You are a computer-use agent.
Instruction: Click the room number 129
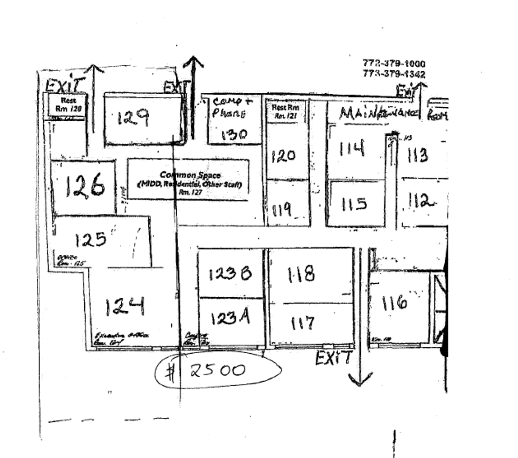(x=133, y=118)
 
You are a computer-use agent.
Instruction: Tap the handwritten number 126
(x=85, y=186)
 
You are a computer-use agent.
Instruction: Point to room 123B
(x=230, y=274)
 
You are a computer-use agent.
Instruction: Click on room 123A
(x=229, y=317)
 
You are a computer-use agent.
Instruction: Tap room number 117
(x=303, y=324)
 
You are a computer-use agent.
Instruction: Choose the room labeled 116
(x=394, y=303)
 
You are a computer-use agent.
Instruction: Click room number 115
(x=354, y=204)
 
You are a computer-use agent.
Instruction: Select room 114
(x=351, y=149)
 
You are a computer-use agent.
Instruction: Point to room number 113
(x=418, y=156)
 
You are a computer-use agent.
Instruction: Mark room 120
(x=283, y=156)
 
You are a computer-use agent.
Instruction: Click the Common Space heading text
(x=190, y=175)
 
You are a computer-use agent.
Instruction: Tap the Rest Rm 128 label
(x=68, y=105)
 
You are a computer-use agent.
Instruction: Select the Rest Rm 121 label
(x=285, y=111)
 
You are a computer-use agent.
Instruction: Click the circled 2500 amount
(x=217, y=371)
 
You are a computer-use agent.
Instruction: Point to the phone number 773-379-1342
(x=394, y=74)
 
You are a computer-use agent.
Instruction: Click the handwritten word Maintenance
(x=379, y=113)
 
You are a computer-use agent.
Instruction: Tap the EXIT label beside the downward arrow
(x=333, y=358)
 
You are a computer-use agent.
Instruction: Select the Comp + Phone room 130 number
(x=234, y=135)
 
